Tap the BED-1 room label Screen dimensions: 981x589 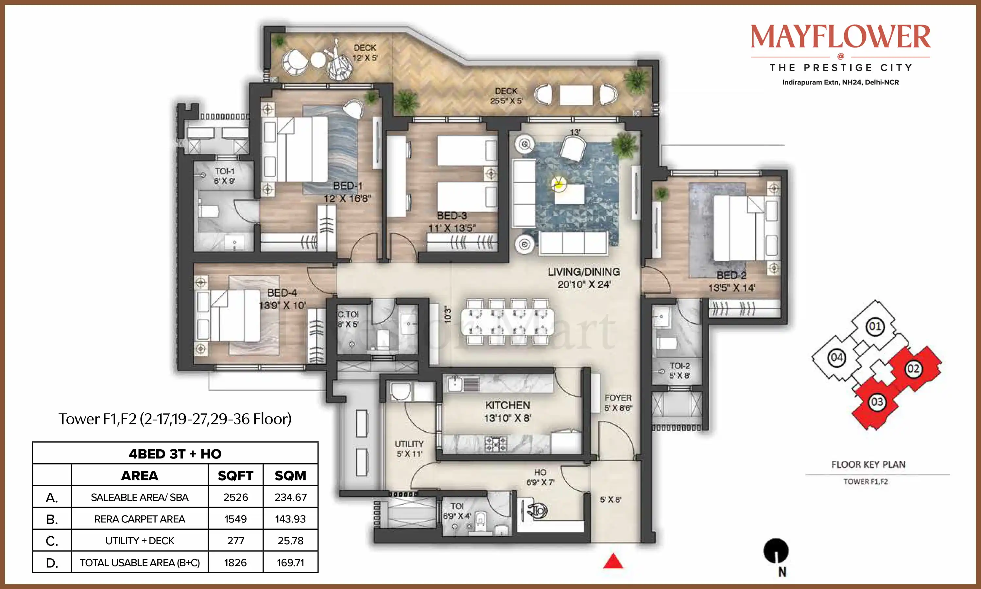(348, 186)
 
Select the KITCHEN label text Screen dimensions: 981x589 (508, 405)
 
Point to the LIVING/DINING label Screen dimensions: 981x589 (584, 272)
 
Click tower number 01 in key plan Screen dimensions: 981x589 (875, 326)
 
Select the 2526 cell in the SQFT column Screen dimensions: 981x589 (235, 497)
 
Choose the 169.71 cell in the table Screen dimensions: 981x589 (290, 562)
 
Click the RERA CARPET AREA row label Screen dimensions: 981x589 (140, 519)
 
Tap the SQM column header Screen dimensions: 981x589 (290, 475)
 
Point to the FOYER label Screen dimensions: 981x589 (618, 398)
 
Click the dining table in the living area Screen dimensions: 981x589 (508, 321)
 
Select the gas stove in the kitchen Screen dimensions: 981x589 (496, 444)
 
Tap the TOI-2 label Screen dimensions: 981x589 (680, 366)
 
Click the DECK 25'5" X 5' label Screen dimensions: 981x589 (506, 96)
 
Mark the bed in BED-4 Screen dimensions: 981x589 (227, 315)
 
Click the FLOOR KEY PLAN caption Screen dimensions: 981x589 (869, 464)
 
